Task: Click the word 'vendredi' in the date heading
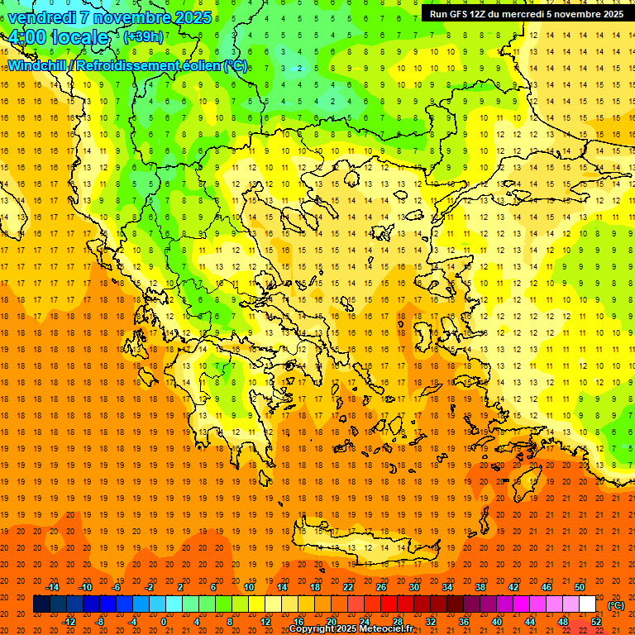click(x=41, y=17)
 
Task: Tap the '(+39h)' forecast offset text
click(x=143, y=36)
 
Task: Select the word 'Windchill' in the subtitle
click(x=37, y=65)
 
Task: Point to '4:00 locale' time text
click(x=58, y=37)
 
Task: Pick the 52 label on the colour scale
click(x=597, y=622)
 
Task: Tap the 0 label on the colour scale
click(x=164, y=622)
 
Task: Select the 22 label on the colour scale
click(x=348, y=587)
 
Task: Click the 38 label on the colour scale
click(x=480, y=587)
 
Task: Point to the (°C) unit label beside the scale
click(x=616, y=605)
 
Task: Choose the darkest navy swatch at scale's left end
click(x=41, y=604)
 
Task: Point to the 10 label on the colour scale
click(x=249, y=587)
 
